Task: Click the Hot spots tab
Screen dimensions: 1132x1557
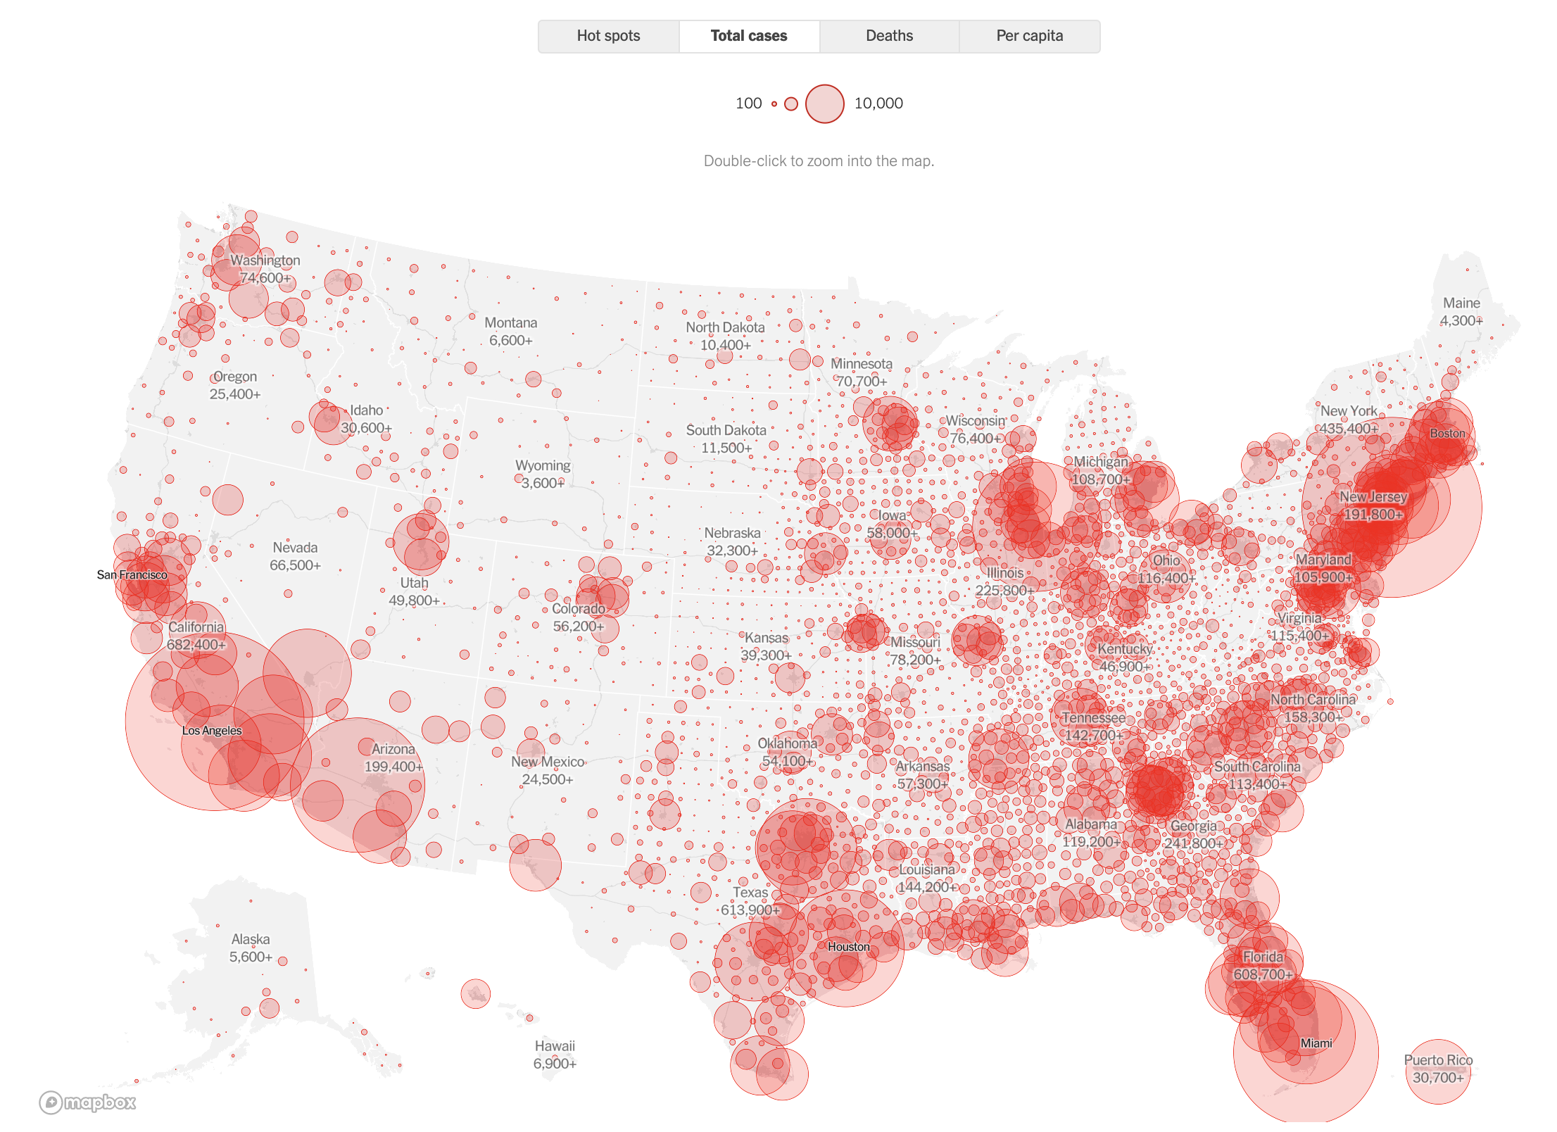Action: click(x=608, y=36)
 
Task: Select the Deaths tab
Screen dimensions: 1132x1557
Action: click(x=889, y=36)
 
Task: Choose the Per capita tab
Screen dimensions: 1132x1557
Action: click(x=1029, y=36)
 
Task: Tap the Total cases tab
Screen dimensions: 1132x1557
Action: click(x=749, y=36)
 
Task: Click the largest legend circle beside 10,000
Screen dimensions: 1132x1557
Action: click(x=824, y=103)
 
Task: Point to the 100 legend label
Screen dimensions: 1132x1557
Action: click(x=748, y=103)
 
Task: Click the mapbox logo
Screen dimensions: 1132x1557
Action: click(x=88, y=1102)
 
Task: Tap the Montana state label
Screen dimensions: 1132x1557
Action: click(x=510, y=322)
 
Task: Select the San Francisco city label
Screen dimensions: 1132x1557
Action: click(x=132, y=574)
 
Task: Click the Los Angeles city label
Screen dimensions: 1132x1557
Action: click(x=211, y=731)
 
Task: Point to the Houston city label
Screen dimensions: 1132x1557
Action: click(x=848, y=947)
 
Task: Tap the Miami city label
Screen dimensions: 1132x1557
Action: click(x=1316, y=1043)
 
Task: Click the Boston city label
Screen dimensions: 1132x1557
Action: click(x=1446, y=433)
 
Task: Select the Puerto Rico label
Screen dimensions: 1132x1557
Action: click(x=1438, y=1059)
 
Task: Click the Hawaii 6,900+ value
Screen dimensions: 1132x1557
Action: click(x=555, y=1063)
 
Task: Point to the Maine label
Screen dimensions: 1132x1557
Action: click(x=1461, y=303)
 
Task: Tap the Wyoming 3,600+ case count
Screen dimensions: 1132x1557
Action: click(x=542, y=483)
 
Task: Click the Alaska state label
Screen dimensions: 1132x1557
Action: click(x=251, y=939)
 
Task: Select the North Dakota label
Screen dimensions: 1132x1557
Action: click(x=725, y=327)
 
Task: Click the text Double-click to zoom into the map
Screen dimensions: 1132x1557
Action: click(x=819, y=161)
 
